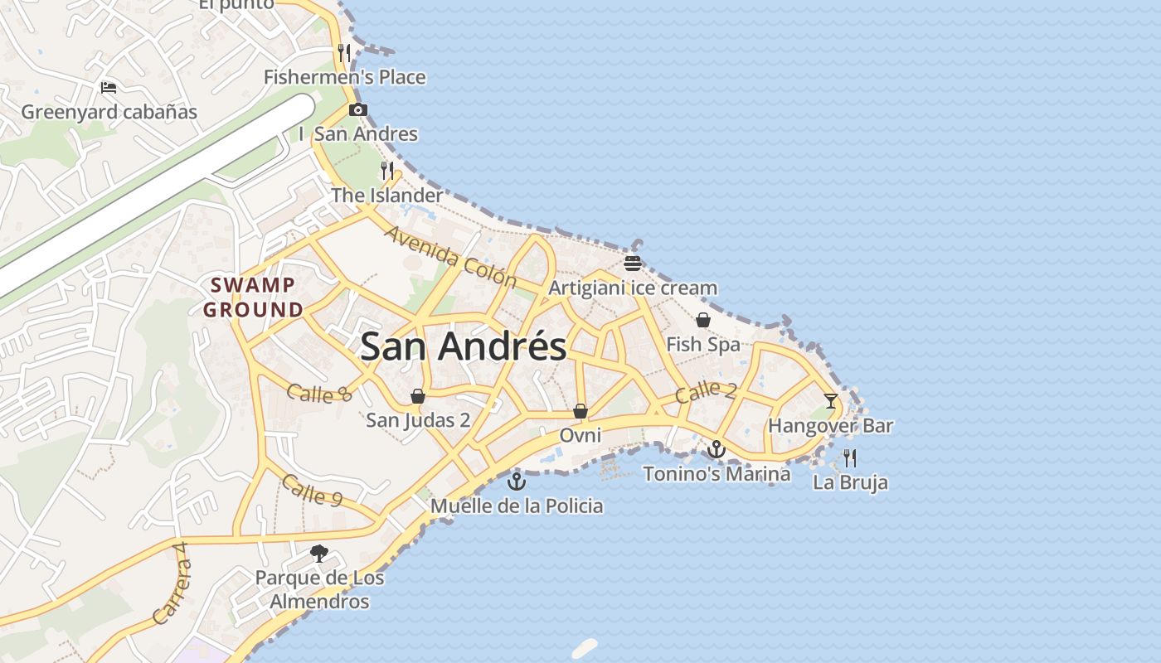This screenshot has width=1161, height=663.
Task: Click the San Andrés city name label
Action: pyautogui.click(x=463, y=346)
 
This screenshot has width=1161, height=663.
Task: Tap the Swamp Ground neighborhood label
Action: pyautogui.click(x=254, y=298)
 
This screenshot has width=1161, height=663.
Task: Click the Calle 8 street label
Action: pyautogui.click(x=319, y=392)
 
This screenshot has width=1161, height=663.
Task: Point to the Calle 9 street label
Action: pyautogui.click(x=312, y=490)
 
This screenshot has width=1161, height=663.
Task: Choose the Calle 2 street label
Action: pyautogui.click(x=705, y=391)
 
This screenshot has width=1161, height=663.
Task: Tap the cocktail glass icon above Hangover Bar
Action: pyautogui.click(x=830, y=401)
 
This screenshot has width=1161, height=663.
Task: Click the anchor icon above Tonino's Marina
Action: pyautogui.click(x=717, y=449)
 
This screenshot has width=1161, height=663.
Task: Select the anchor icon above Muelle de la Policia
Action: pyautogui.click(x=517, y=481)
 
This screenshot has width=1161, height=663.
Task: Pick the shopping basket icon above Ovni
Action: pyautogui.click(x=580, y=411)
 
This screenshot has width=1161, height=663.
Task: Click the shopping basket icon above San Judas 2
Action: pyautogui.click(x=418, y=395)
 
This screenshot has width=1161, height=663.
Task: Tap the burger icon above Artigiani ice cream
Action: pyautogui.click(x=633, y=264)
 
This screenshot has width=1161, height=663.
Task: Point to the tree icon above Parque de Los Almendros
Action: pyautogui.click(x=319, y=553)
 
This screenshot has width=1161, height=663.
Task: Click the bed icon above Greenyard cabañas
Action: pyautogui.click(x=109, y=87)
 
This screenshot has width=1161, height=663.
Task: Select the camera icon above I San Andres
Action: pyautogui.click(x=358, y=109)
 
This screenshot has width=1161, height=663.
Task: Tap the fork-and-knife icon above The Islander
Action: pyautogui.click(x=387, y=171)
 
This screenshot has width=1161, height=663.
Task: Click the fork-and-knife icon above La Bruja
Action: pyautogui.click(x=850, y=457)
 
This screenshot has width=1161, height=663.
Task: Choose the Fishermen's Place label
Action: pyautogui.click(x=345, y=77)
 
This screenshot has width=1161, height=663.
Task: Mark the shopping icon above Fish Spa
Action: pyautogui.click(x=703, y=320)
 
